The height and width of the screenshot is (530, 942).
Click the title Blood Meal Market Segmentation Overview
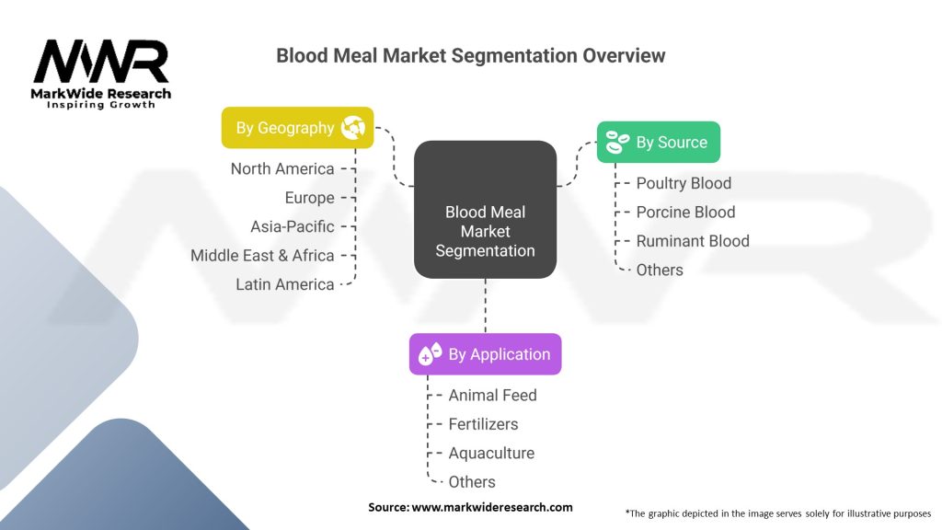tap(470, 55)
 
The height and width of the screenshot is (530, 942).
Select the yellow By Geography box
tap(297, 128)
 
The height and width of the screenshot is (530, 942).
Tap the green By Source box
tap(658, 143)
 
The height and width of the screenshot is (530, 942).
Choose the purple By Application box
tap(485, 354)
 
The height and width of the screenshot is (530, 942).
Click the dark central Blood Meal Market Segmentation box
tap(485, 231)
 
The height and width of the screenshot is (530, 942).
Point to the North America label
tap(282, 168)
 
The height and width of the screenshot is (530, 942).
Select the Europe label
tap(309, 198)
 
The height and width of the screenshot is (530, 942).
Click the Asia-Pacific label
tap(293, 226)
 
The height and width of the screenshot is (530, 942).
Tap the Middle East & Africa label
tap(262, 256)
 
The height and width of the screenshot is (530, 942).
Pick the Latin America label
tap(285, 284)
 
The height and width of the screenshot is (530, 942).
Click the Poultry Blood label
tap(684, 183)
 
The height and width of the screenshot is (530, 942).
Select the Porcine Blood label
tap(685, 212)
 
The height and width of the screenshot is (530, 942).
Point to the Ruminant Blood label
tap(693, 241)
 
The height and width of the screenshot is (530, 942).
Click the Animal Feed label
tap(492, 395)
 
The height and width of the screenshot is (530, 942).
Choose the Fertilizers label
tap(483, 424)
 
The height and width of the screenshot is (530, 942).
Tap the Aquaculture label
tap(491, 453)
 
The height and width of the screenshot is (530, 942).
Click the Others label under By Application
tap(472, 482)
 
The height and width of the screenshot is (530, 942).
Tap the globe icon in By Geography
tap(353, 128)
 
